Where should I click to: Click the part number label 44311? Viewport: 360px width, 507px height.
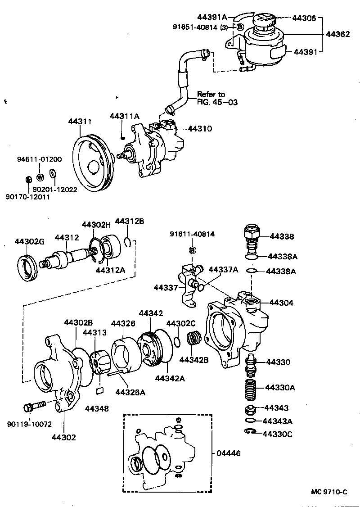coord(80,122)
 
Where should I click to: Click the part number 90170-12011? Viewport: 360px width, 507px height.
coord(28,197)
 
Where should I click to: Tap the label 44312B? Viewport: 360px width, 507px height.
coord(130,221)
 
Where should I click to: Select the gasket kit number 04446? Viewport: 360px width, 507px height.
coord(228,453)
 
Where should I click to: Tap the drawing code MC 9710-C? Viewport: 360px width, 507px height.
coord(329,492)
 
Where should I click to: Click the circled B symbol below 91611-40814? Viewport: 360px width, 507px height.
coord(192,250)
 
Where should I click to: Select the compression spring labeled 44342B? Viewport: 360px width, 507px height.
coord(194,338)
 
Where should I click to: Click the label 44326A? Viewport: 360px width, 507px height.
coord(130,393)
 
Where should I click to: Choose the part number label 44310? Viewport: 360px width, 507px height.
coord(199,129)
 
